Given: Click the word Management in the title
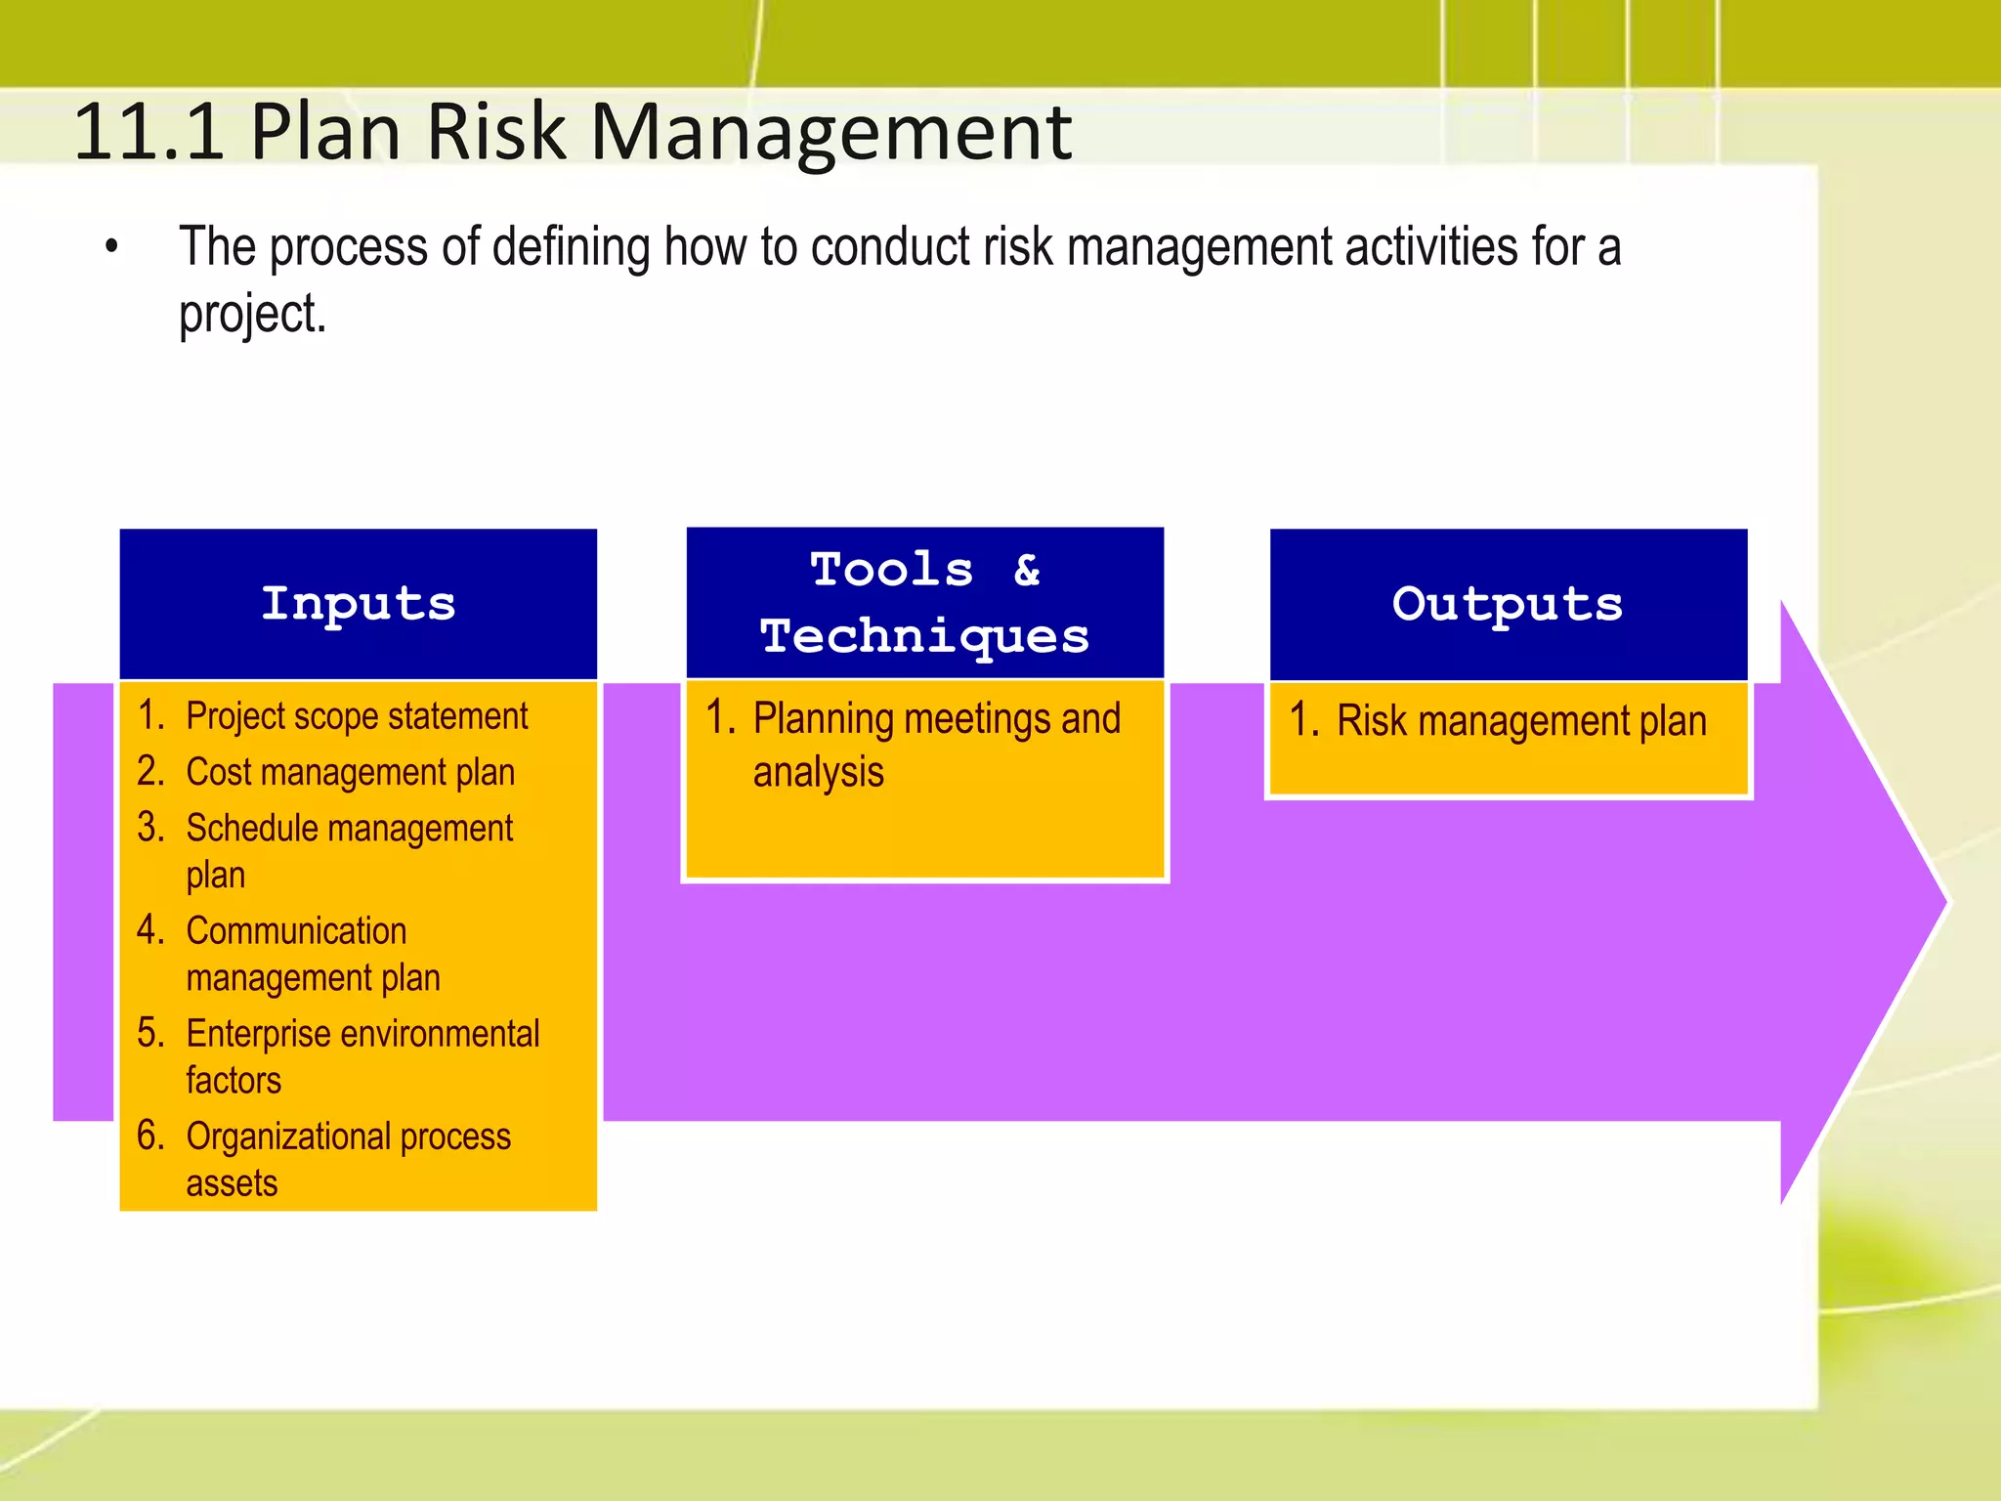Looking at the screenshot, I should tap(830, 132).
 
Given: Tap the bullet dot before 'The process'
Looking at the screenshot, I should tap(111, 248).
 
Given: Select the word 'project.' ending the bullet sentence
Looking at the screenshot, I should tap(252, 315).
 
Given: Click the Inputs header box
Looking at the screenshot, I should tap(358, 603).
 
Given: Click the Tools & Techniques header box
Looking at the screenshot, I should tap(924, 603).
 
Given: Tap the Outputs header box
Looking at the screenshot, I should tap(1508, 603).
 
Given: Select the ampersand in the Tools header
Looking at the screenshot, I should tap(1026, 570).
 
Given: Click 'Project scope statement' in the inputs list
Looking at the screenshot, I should tap(357, 716).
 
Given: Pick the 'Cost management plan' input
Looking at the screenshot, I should tap(350, 772).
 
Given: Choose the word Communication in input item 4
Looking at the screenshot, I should tap(296, 930).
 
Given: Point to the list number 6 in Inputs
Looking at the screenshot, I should tap(149, 1136).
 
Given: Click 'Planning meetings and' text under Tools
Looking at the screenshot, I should tap(936, 719).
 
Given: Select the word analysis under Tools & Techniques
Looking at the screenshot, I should tap(818, 772).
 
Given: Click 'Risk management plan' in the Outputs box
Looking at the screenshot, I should tap(1520, 721).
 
